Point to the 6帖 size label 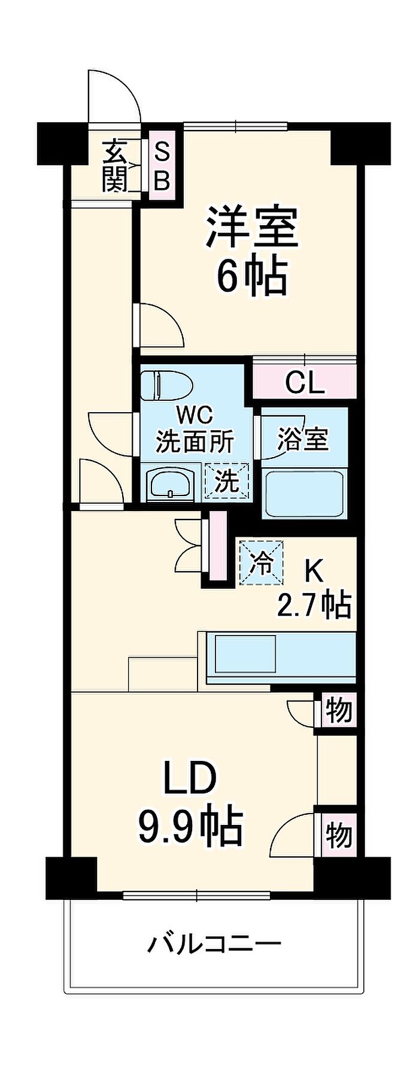point(252,276)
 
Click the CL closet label point(305,382)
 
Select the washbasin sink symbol point(171,482)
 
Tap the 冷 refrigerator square point(262,562)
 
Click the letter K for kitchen point(314,573)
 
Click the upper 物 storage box point(339,711)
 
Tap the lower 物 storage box point(339,835)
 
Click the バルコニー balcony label point(214,945)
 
